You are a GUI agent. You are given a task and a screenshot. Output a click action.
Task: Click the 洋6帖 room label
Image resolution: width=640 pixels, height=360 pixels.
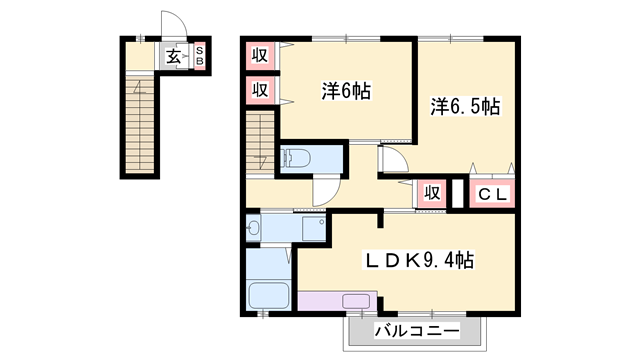pos(346,91)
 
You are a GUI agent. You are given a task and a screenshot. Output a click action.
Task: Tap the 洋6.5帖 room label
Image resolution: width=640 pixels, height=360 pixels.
pos(465,107)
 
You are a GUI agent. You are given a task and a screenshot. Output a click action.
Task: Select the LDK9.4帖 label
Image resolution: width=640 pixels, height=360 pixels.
pos(419,260)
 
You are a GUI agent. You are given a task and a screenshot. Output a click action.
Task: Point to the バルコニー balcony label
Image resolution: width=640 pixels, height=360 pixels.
pos(417,330)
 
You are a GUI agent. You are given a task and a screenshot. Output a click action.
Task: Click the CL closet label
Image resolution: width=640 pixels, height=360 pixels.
pos(492,194)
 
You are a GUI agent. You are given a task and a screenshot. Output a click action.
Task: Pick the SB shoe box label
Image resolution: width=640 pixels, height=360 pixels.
pos(200,56)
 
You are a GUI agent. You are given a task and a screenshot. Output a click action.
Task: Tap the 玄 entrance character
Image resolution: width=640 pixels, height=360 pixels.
pos(173,57)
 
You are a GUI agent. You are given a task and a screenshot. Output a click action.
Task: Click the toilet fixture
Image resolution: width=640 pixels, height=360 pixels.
pos(296,158)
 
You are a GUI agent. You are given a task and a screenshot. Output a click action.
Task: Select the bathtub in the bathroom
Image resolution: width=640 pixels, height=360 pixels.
pos(269,295)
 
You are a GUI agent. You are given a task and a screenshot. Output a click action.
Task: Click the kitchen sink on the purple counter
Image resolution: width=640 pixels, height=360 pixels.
pos(356,302)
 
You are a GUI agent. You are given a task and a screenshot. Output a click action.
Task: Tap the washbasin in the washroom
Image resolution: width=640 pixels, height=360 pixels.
pos(253,228)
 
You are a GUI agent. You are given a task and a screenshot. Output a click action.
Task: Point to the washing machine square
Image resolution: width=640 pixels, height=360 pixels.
pos(314,229)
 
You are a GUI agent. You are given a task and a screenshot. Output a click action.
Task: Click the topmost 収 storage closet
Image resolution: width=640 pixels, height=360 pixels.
pos(260,55)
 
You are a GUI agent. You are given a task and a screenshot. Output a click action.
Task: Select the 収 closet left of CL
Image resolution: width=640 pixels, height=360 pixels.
pos(432,192)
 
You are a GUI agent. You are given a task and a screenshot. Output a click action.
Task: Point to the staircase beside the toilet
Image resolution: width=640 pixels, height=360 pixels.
pos(260,142)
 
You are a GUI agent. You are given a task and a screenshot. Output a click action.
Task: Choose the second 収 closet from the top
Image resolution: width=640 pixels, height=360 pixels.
pos(260,90)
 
